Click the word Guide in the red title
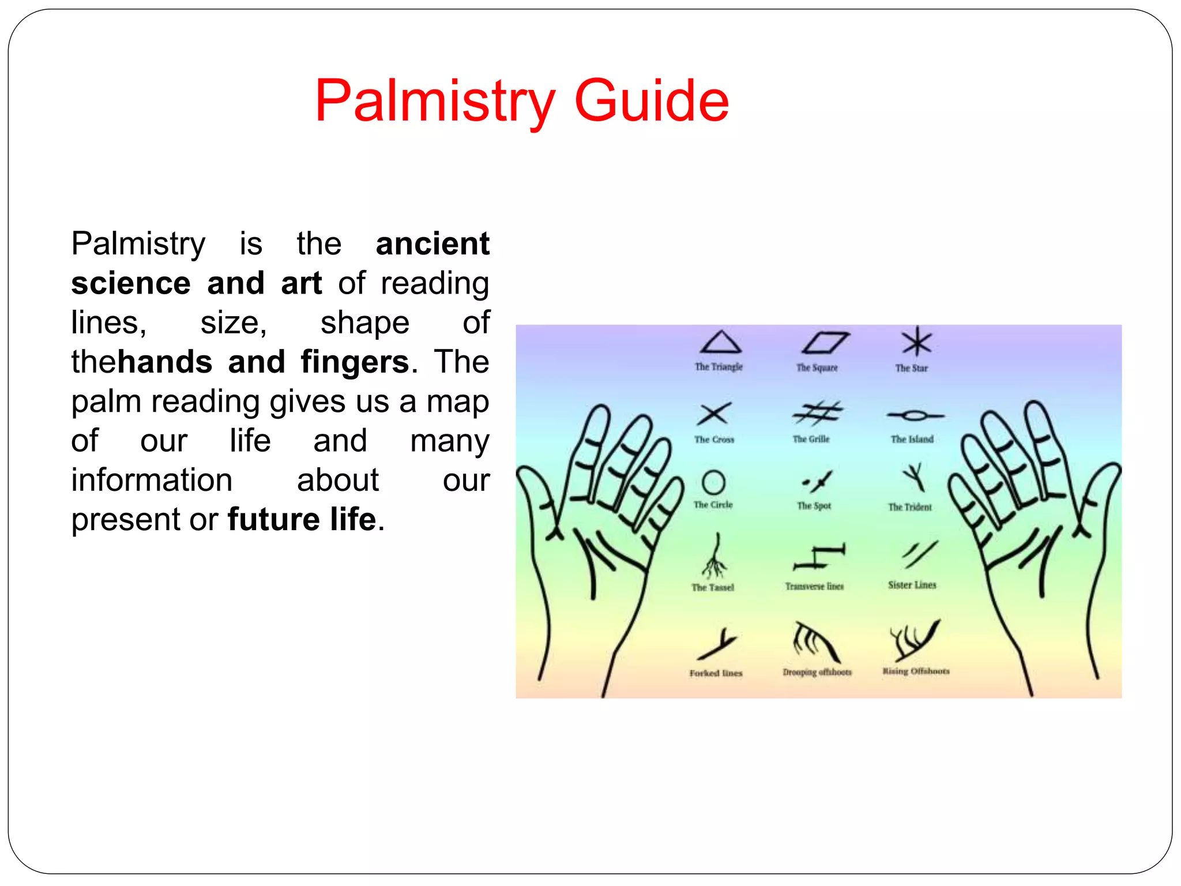652,101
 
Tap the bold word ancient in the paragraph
432,243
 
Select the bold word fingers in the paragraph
355,362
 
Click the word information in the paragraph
152,480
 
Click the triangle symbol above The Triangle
720,342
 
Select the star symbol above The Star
916,342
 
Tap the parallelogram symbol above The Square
825,343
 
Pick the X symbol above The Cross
714,414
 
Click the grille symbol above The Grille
817,413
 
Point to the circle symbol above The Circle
713,482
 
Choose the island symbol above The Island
915,415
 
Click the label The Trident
909,507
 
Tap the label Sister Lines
912,585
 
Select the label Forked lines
716,673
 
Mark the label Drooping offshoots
817,672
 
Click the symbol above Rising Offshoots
914,640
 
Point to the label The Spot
814,506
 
